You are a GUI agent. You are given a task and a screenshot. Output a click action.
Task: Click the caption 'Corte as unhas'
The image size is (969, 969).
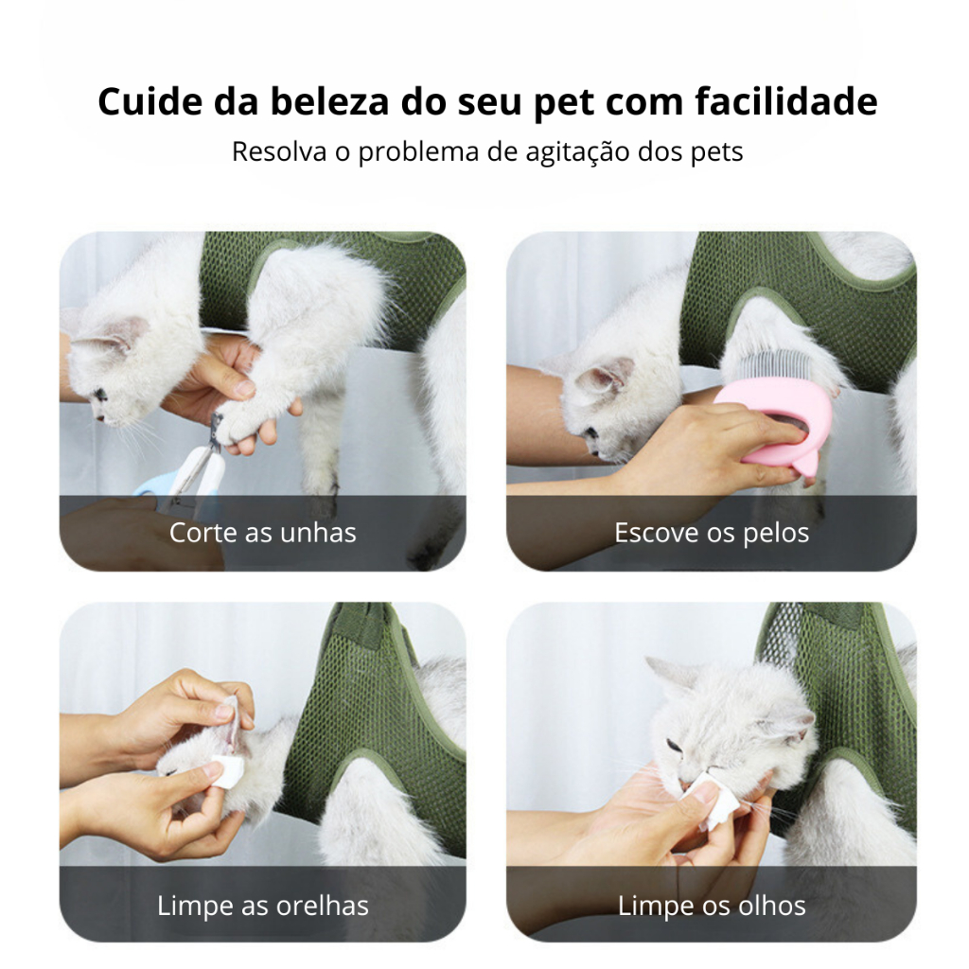(x=263, y=533)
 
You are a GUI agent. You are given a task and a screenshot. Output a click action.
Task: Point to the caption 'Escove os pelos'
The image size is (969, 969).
(x=712, y=533)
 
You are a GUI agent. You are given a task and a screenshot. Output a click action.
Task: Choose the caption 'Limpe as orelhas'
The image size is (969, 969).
(x=263, y=906)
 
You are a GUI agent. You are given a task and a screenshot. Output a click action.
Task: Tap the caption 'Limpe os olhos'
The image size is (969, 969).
(x=712, y=906)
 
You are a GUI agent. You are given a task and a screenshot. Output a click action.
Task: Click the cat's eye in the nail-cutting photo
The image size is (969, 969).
(x=99, y=394)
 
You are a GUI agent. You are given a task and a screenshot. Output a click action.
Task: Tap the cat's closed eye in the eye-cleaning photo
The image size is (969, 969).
(x=675, y=745)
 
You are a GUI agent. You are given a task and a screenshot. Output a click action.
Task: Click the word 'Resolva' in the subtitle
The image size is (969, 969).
(x=279, y=151)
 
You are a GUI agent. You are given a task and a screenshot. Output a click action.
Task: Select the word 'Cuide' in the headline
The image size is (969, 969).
(x=150, y=101)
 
